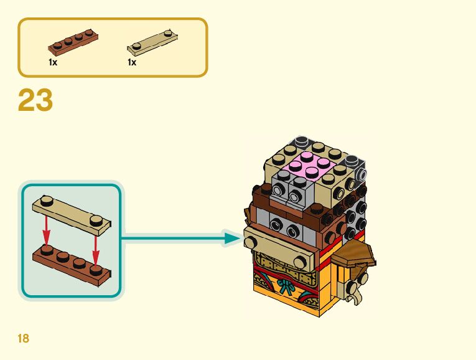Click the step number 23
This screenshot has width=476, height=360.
(35, 101)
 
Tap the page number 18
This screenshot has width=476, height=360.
(24, 339)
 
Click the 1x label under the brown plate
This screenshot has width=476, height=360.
(53, 62)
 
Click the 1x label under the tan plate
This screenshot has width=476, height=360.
(132, 62)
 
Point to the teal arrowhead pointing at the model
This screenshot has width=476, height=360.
(233, 237)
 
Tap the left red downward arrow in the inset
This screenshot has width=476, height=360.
(45, 233)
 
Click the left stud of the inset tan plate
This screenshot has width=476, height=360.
(47, 201)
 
